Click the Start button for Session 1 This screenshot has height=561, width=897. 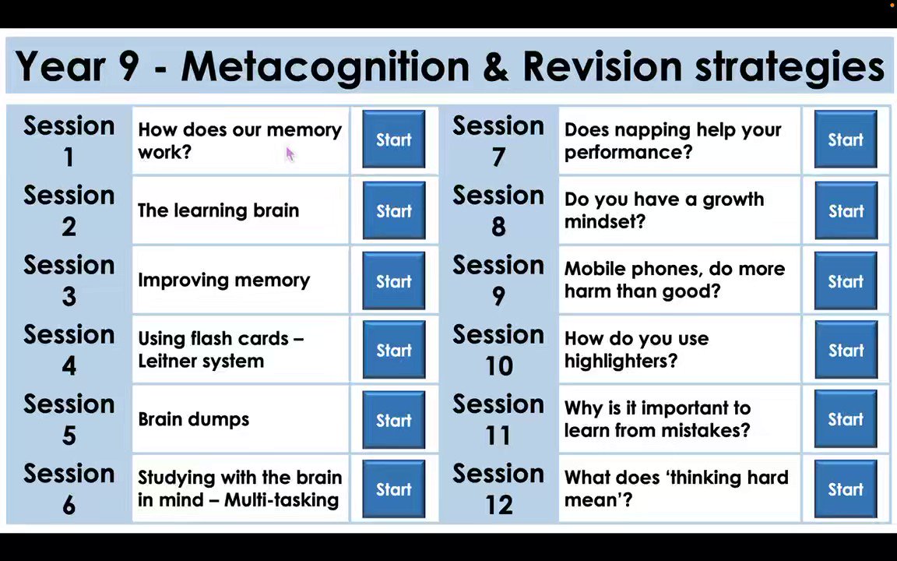393,140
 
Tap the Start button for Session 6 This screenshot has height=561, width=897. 393,489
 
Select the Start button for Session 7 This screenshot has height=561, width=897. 845,140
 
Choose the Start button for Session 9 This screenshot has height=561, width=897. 845,281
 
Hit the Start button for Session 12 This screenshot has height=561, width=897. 845,489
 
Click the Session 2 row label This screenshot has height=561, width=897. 69,210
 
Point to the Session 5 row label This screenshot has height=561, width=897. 69,419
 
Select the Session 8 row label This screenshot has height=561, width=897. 498,210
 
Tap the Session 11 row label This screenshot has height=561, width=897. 498,419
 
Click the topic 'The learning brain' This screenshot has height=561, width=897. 218,210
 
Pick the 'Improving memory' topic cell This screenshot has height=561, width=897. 223,280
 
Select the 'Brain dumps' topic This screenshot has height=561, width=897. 193,419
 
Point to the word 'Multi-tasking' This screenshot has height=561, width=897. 281,500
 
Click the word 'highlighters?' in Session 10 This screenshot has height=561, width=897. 621,361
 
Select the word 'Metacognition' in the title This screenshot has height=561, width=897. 325,67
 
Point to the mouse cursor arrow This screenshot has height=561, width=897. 290,154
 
